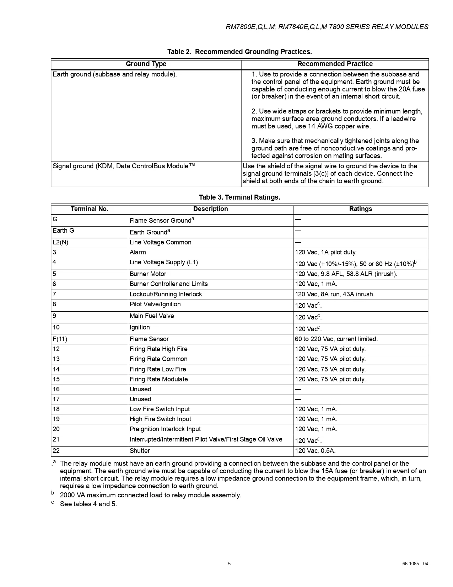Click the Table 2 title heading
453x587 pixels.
tap(239, 52)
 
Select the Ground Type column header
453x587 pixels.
tap(146, 64)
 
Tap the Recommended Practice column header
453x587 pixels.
tap(335, 64)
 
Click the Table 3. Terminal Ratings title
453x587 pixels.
tap(239, 197)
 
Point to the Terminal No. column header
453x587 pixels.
tap(89, 209)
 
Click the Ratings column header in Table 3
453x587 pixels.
tap(360, 209)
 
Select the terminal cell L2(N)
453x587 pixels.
tap(60, 243)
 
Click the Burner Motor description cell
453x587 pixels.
tap(148, 274)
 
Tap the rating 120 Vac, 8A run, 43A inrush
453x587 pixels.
tap(334, 295)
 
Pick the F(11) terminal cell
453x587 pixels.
tap(60, 339)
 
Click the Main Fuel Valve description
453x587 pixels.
tap(152, 316)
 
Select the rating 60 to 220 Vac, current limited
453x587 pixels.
tap(336, 339)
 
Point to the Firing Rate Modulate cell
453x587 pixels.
tap(158, 380)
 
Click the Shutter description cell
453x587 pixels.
tap(140, 451)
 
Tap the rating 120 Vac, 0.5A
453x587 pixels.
tap(315, 451)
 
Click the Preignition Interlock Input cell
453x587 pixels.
tap(165, 429)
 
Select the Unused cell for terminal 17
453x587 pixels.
tap(140, 400)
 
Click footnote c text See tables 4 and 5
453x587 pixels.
tap(88, 504)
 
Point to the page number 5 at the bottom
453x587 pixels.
tap(229, 564)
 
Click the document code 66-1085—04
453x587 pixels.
tap(415, 564)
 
